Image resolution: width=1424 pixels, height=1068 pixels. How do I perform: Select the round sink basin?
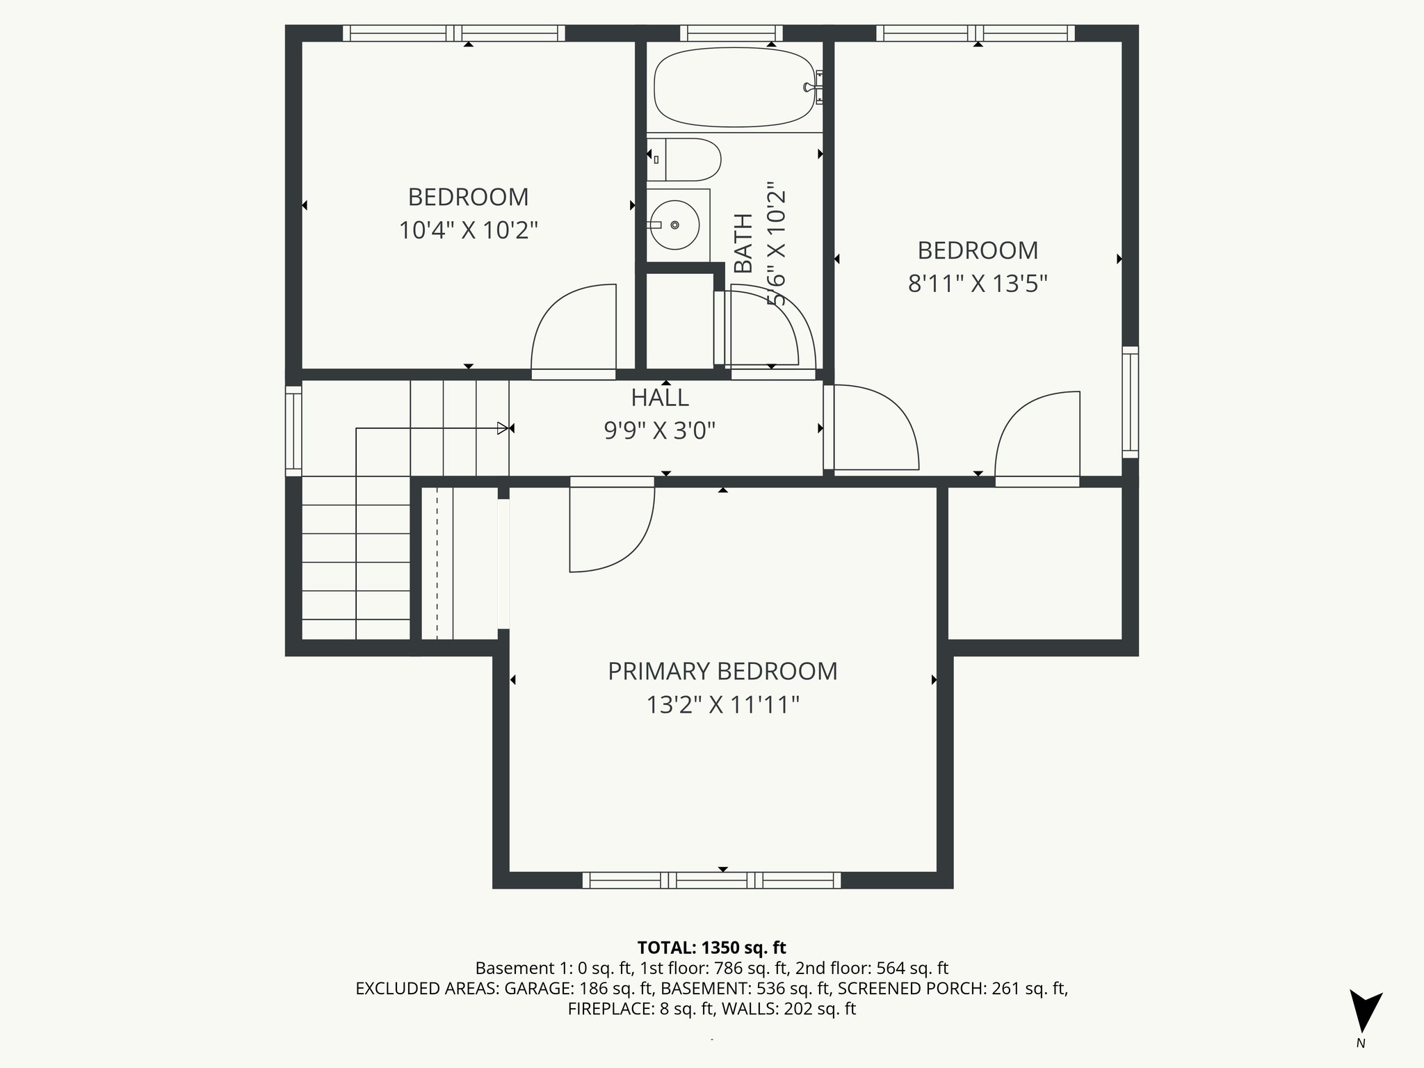674,225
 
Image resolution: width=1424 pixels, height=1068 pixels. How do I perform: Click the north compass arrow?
1364,1012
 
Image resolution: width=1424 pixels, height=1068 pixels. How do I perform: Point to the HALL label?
660,398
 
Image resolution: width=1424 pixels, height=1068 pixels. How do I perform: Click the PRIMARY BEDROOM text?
722,672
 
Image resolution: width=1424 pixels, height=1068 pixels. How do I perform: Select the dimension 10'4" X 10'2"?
468,230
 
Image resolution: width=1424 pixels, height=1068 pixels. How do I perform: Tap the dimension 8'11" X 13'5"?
978,284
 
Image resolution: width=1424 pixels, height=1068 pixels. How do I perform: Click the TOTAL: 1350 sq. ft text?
711,948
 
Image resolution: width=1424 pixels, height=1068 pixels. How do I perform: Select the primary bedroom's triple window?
711,880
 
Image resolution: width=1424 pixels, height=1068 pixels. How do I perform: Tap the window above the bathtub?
731,33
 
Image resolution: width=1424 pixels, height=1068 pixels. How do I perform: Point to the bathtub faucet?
812,88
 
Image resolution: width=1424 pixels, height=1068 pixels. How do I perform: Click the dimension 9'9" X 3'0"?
660,431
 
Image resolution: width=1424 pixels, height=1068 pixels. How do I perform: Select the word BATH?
744,243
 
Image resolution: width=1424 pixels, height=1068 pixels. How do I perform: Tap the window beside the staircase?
294,431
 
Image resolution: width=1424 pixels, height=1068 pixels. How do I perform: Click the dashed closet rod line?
437,563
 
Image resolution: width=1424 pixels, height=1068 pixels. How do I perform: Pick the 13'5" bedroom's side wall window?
1131,402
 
